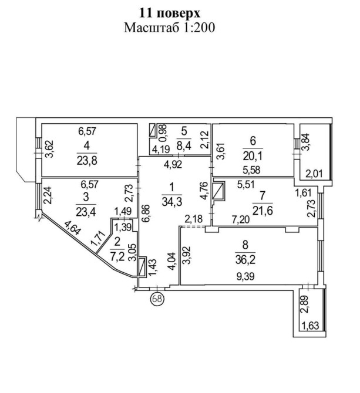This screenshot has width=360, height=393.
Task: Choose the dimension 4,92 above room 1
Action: [x=173, y=164]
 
